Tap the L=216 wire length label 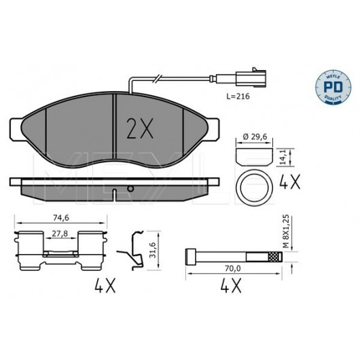click(x=238, y=96)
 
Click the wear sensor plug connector click(x=251, y=78)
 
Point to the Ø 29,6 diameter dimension click(x=255, y=137)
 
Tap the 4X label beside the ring click(x=289, y=181)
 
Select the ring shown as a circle click(x=255, y=187)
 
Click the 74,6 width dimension click(x=61, y=217)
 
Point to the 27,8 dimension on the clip click(x=60, y=234)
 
